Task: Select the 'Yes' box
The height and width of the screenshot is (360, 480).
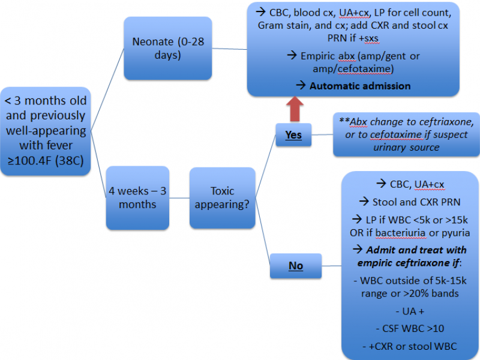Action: tap(293, 135)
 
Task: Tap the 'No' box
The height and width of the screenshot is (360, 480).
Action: tap(295, 265)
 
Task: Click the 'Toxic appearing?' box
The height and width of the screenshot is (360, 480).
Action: tap(222, 198)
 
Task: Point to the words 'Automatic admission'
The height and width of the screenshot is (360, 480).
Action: tap(360, 86)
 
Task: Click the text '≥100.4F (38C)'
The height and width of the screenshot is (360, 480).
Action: tap(46, 160)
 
